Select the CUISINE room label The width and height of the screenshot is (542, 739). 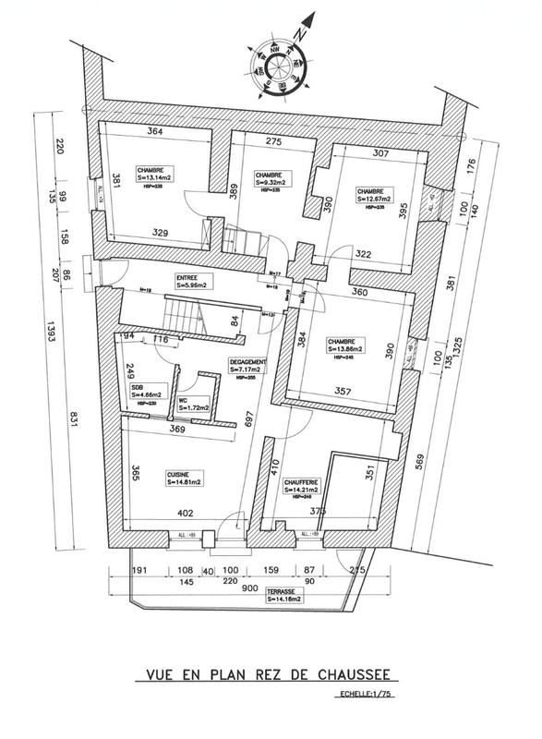pos(179,476)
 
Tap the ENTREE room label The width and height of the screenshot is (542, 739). pos(188,276)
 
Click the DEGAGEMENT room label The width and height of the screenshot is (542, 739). pos(247,361)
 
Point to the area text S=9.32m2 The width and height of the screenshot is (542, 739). pos(274,182)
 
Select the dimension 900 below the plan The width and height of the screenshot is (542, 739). pos(249,588)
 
